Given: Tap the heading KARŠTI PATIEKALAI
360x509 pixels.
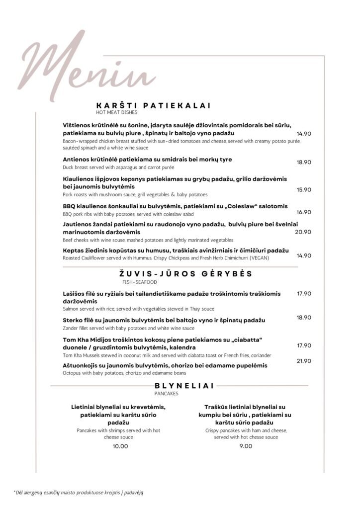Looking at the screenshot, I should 153,105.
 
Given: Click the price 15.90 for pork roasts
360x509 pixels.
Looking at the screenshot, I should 304,189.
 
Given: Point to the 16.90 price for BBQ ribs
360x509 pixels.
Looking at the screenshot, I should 304,212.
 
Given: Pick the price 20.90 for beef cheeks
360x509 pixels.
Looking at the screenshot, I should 303,232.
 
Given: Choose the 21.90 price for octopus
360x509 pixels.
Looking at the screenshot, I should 304,361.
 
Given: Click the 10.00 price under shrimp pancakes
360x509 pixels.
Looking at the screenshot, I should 120,446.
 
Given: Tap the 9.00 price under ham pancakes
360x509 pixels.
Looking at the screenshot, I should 246,446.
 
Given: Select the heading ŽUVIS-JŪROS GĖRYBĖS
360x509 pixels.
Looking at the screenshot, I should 185,274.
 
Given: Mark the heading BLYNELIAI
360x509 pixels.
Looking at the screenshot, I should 178,385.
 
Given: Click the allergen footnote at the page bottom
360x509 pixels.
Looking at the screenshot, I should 80,492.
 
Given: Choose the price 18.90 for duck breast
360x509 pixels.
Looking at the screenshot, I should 304,162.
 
